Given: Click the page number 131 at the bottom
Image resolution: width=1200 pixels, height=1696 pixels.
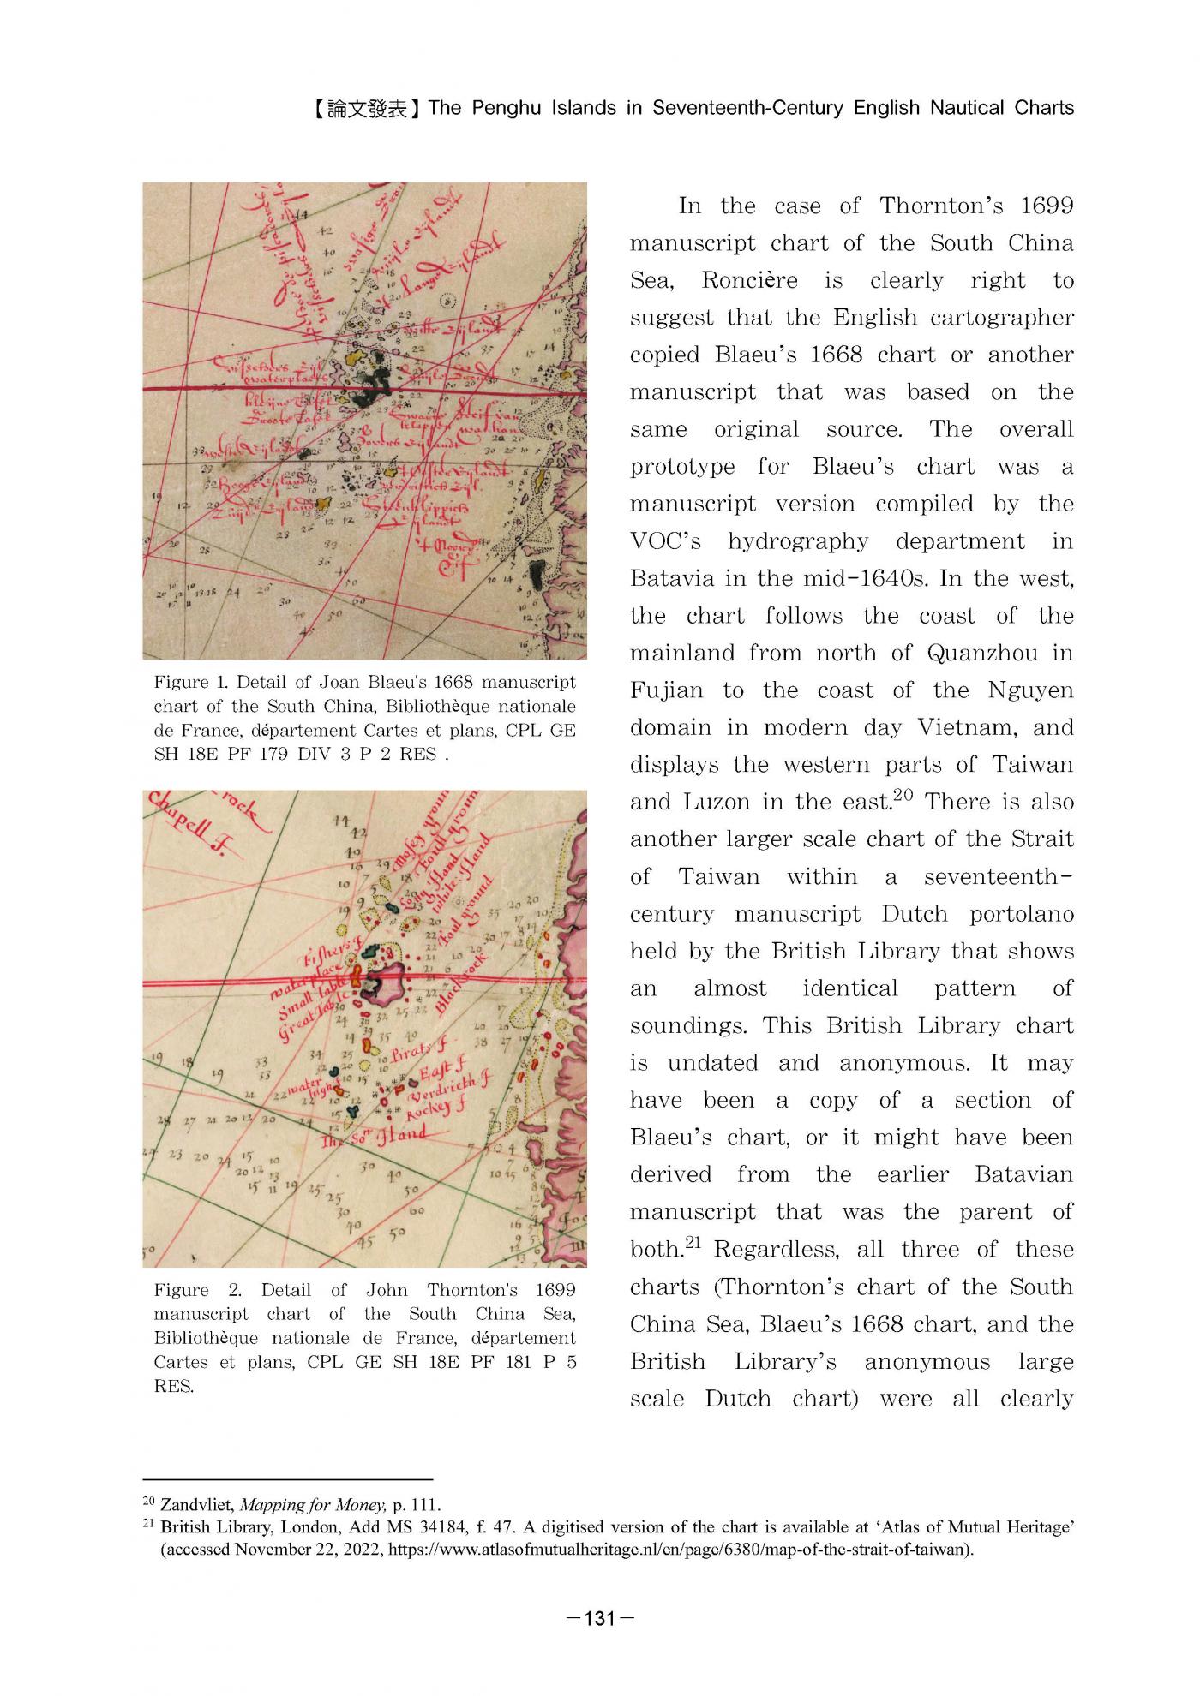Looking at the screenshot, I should [x=600, y=1619].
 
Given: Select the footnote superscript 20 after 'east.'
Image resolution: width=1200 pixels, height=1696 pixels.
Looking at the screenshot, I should [x=903, y=794].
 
